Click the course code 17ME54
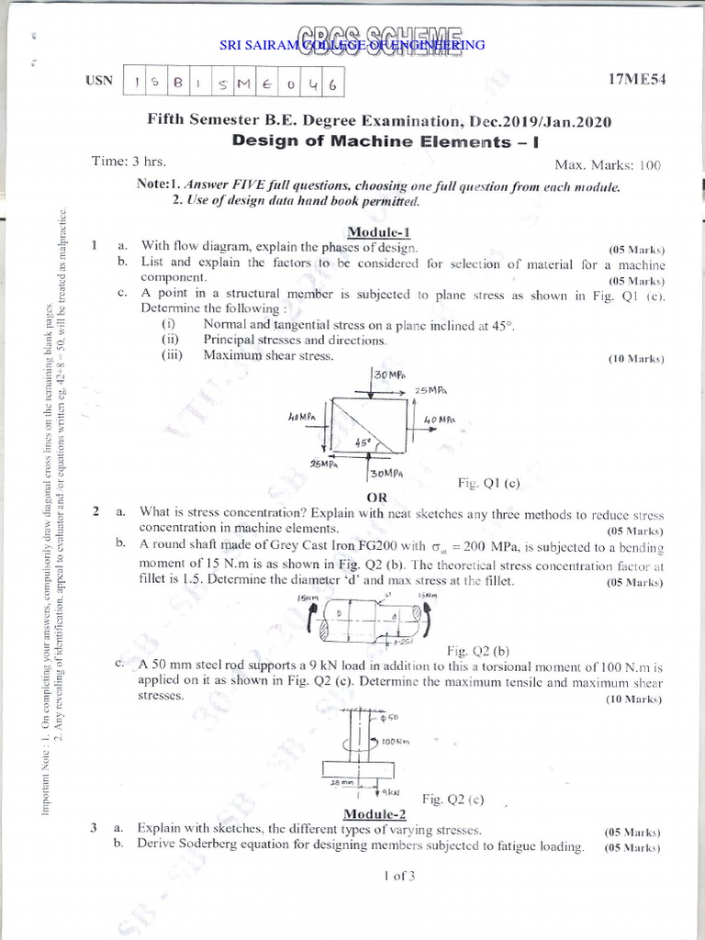636,81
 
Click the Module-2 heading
374,814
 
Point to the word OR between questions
378,497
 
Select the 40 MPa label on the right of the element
440,419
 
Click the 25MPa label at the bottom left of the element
325,464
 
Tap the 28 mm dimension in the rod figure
341,783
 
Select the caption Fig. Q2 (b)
476,650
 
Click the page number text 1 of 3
399,875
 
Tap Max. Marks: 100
608,165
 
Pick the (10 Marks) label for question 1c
635,359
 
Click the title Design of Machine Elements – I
376,141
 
